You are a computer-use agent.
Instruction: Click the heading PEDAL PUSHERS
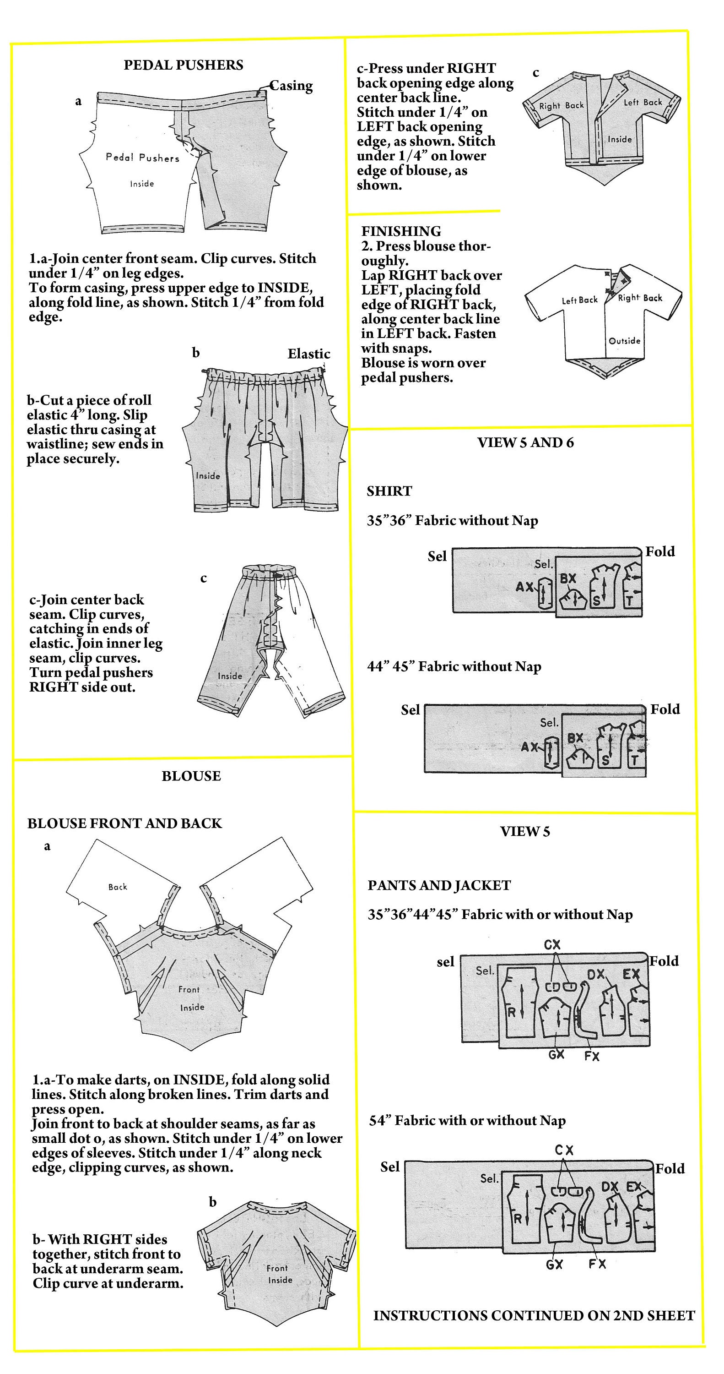coord(184,65)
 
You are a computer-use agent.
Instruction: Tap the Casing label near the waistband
coord(291,86)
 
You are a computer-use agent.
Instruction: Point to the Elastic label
coord(309,354)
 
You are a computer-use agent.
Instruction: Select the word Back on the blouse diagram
coord(118,887)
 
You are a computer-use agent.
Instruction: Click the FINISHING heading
coord(401,231)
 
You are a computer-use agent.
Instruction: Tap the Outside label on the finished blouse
coord(624,341)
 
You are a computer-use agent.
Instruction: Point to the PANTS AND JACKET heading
coord(439,885)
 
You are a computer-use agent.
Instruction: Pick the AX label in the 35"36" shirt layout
coord(524,587)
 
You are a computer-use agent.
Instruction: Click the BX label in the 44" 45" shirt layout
coord(575,738)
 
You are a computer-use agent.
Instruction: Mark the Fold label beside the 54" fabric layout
coord(670,1169)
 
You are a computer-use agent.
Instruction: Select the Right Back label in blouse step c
coord(562,106)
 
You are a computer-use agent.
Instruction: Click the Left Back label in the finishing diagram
coord(579,300)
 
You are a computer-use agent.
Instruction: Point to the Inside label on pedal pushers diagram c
coord(230,676)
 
